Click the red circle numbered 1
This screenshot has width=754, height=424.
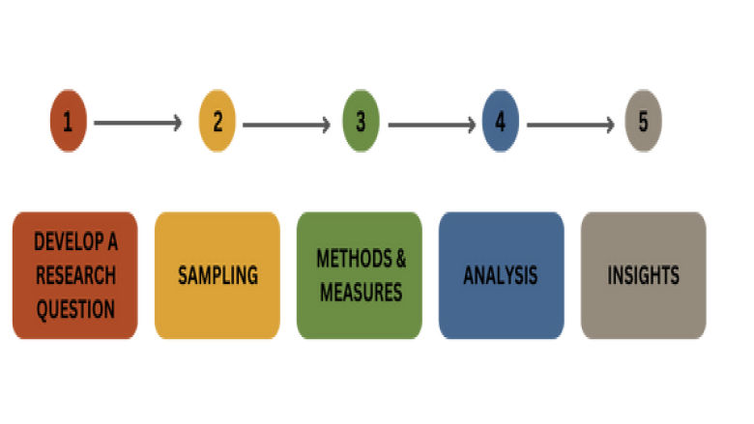(x=69, y=123)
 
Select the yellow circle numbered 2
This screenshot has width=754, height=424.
(x=217, y=123)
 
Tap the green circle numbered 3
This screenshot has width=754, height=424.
(x=361, y=123)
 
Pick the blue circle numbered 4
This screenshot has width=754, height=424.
(x=500, y=123)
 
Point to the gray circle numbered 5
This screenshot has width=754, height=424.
(x=643, y=123)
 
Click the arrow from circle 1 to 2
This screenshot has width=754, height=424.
(x=137, y=124)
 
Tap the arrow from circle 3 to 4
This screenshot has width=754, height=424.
(x=430, y=124)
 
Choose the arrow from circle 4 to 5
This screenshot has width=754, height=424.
(x=570, y=124)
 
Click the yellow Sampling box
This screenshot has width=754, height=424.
(x=217, y=275)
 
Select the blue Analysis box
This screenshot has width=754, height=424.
(x=501, y=275)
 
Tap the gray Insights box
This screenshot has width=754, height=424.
(x=643, y=275)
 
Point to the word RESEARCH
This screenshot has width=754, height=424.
(x=75, y=275)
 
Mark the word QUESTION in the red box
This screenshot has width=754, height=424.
(x=75, y=309)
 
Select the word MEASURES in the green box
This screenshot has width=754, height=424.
(x=361, y=292)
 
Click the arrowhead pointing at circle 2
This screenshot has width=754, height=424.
(x=177, y=124)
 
